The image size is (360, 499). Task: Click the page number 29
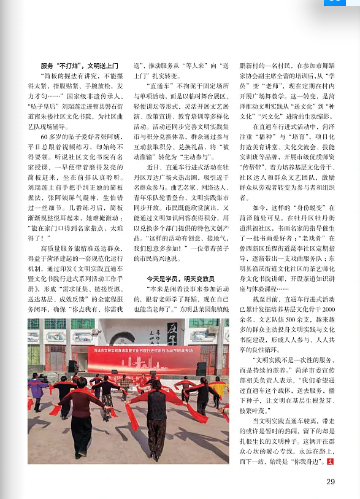331,481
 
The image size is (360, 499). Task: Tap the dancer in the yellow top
218,390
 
